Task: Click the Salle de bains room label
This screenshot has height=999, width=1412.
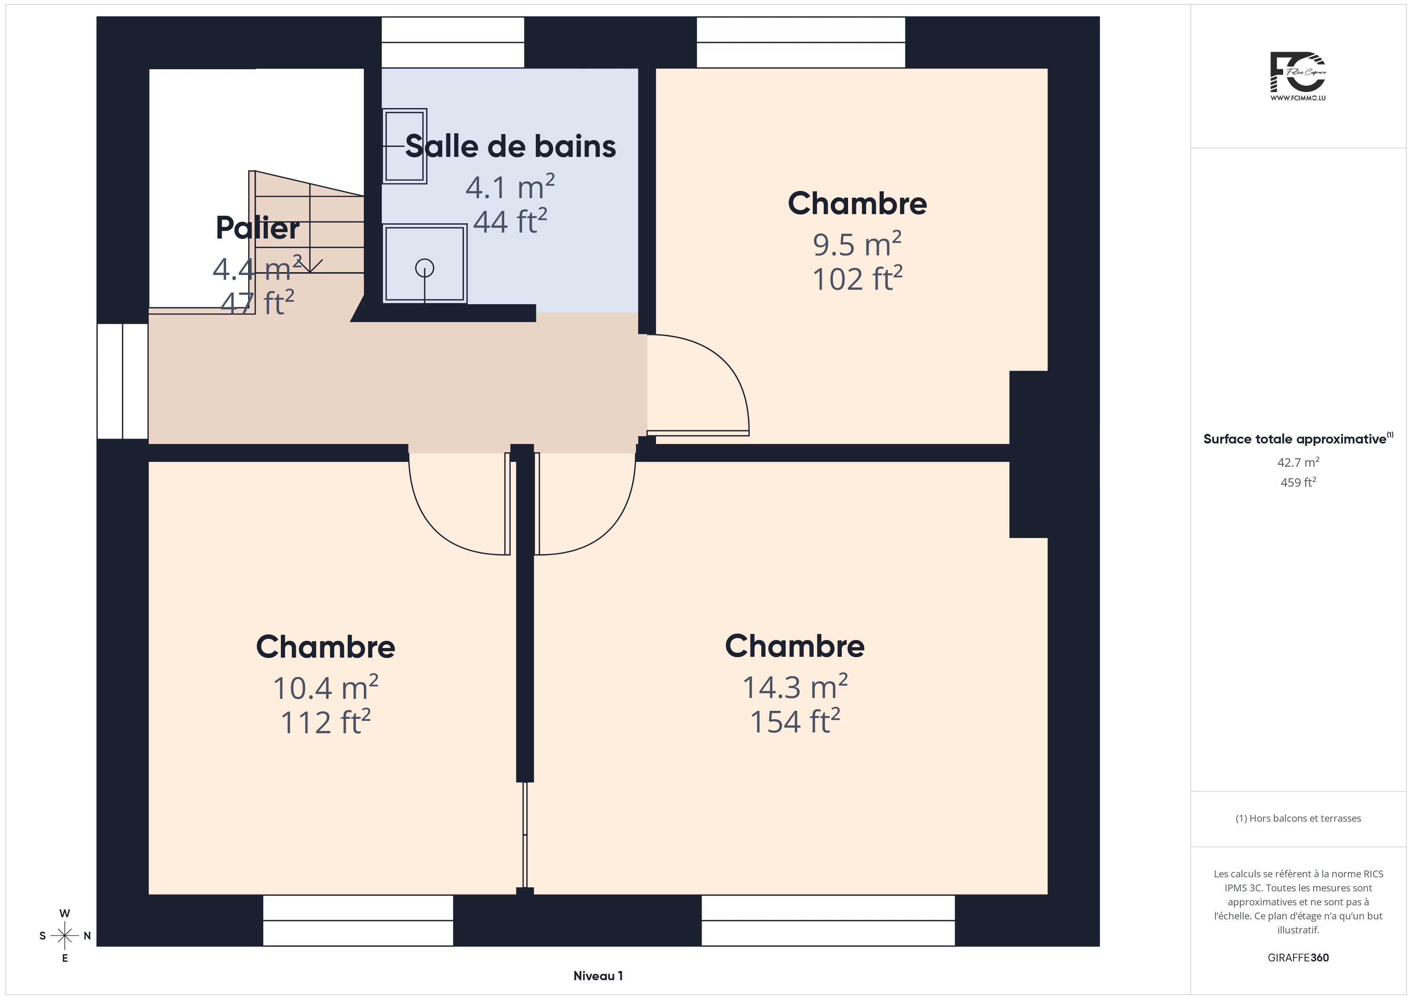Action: [510, 146]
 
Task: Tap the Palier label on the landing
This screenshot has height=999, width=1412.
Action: [258, 228]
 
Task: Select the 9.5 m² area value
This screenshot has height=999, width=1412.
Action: [857, 244]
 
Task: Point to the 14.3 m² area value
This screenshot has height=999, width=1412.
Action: [795, 686]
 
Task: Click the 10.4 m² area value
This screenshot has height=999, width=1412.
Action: [325, 687]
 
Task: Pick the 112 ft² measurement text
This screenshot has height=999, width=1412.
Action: [325, 722]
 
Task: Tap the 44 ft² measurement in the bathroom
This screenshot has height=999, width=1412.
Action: [510, 221]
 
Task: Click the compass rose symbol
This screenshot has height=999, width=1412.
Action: [64, 936]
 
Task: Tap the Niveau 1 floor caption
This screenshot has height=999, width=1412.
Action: [598, 976]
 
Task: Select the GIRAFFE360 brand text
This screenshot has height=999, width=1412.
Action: [1298, 958]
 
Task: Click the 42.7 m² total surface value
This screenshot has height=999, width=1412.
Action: [1298, 462]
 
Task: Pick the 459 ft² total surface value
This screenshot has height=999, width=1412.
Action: [1298, 482]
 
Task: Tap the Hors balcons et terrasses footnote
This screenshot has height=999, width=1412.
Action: [1298, 818]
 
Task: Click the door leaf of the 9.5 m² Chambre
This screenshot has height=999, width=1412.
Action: [698, 433]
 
